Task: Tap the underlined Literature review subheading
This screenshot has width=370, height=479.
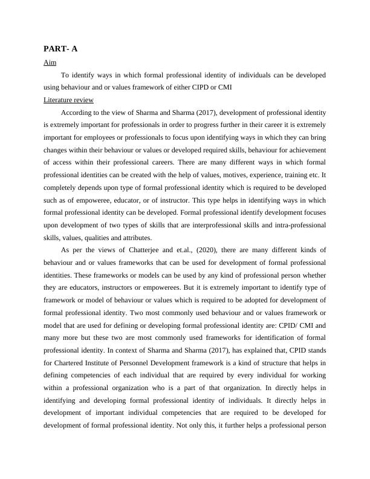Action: (x=68, y=100)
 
